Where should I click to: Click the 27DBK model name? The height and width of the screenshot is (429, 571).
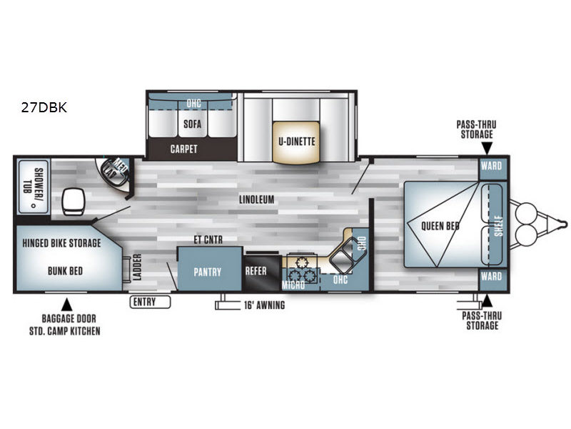44,109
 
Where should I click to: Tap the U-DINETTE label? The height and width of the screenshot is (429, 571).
296,141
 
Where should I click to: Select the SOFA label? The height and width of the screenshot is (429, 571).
192,124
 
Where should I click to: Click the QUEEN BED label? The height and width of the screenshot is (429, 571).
440,226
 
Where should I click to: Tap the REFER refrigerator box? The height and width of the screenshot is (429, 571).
256,272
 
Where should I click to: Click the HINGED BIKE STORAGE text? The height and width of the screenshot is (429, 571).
61,243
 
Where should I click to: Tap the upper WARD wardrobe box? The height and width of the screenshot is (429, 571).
492,166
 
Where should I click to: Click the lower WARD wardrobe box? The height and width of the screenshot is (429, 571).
492,275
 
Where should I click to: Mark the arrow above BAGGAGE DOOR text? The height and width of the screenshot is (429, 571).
67,302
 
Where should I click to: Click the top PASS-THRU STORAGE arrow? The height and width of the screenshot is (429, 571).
486,148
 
